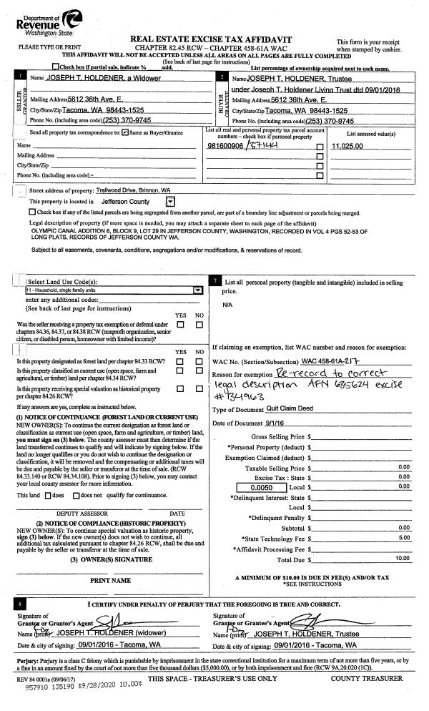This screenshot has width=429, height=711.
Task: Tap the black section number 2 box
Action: click(x=223, y=76)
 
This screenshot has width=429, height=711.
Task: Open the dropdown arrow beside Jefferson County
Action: click(x=169, y=202)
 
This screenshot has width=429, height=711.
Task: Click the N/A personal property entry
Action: click(x=227, y=304)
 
